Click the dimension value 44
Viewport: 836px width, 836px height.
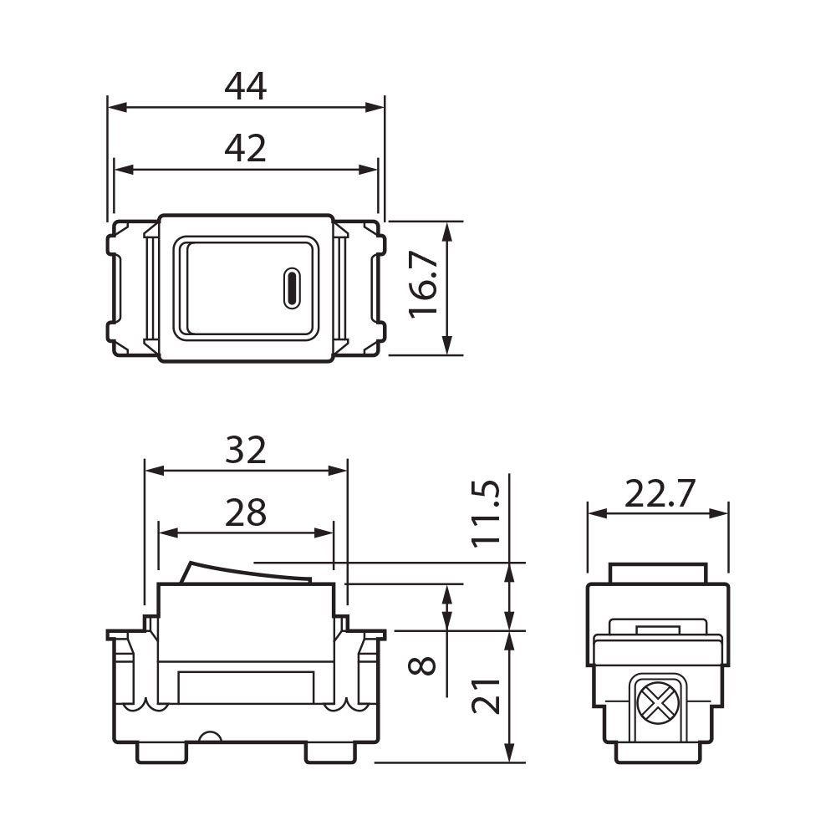click(245, 86)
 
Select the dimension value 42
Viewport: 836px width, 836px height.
click(245, 148)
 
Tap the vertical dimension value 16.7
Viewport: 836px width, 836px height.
click(423, 286)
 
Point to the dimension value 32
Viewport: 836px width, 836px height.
click(245, 451)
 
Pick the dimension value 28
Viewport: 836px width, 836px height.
click(245, 512)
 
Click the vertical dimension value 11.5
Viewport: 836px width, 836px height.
click(487, 512)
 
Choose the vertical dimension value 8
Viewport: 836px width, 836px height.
click(425, 665)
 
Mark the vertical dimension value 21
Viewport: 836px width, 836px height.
click(487, 693)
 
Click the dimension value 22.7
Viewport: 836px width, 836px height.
click(660, 495)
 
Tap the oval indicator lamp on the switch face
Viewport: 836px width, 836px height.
click(292, 288)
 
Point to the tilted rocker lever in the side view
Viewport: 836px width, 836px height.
click(246, 573)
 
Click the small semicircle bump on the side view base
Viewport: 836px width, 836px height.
click(208, 737)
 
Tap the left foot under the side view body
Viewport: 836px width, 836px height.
click(161, 752)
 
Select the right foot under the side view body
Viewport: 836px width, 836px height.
click(330, 752)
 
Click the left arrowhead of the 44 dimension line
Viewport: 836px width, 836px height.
click(115, 107)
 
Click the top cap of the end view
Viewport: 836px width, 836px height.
click(658, 573)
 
